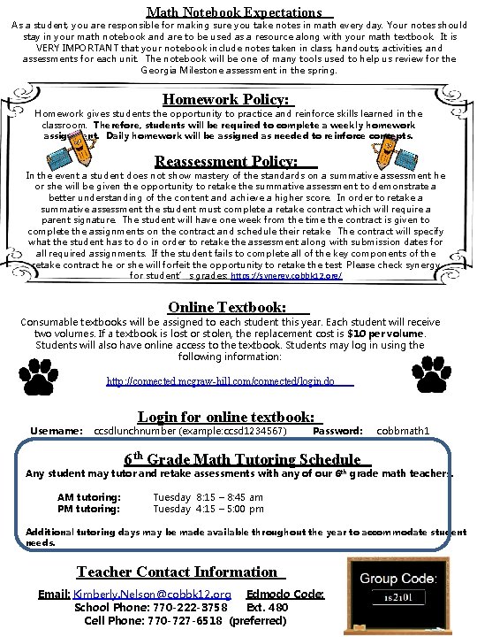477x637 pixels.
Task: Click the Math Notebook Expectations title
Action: (234, 12)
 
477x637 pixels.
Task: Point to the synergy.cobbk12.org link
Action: (285, 276)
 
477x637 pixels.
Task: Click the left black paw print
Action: (39, 377)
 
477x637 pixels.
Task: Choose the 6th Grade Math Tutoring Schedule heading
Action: (242, 459)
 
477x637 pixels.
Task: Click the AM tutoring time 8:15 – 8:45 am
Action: (208, 497)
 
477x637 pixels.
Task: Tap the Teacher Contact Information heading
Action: (177, 572)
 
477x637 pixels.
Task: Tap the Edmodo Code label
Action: (285, 594)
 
